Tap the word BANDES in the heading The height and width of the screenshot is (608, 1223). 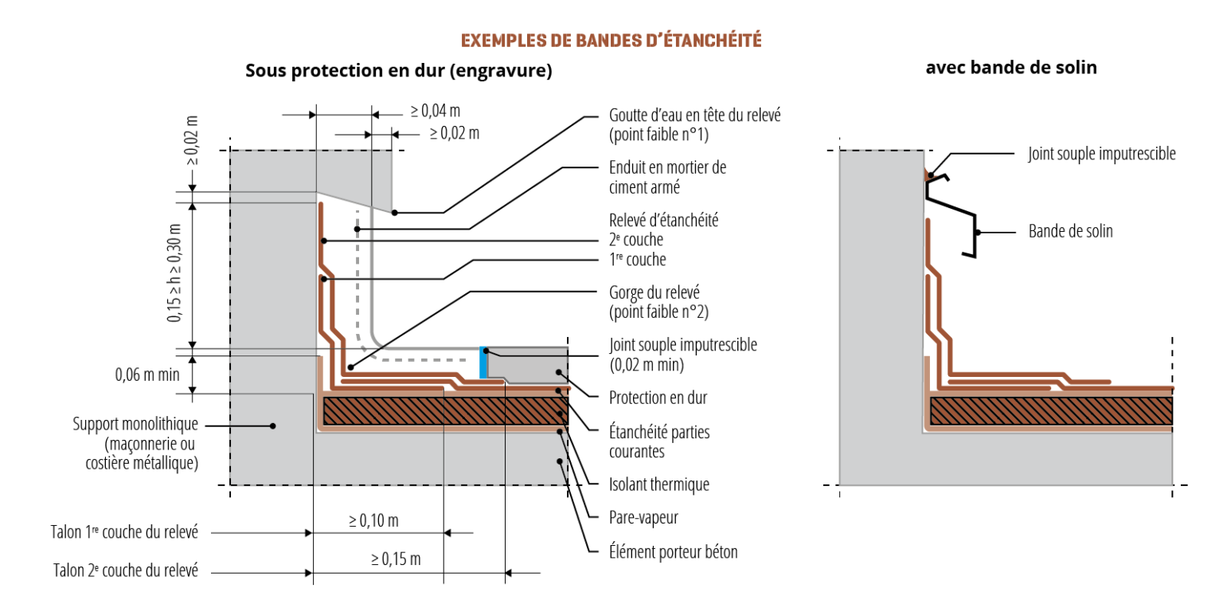click(598, 41)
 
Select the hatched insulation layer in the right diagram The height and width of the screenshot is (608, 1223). click(1051, 410)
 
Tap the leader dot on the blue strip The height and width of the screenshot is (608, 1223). click(486, 351)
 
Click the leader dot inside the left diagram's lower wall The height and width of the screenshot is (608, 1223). click(272, 426)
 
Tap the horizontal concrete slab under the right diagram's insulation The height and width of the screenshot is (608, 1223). click(1051, 458)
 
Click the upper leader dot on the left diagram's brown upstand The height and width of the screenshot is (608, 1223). click(322, 240)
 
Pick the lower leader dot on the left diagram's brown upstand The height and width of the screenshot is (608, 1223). click(322, 278)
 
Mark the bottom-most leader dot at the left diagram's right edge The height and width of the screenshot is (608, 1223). click(560, 461)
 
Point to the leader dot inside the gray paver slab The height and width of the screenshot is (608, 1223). click(560, 372)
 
